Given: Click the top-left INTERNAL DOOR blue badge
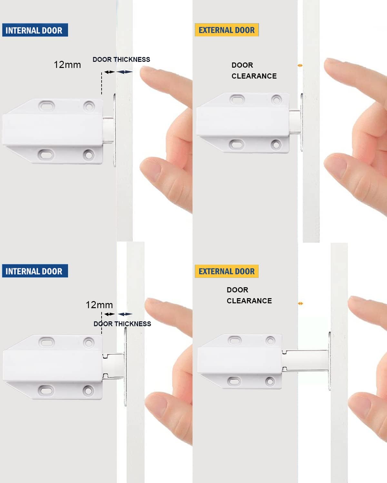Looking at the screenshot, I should tap(35, 30).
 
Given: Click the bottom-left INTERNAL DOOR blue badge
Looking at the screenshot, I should tap(35, 271).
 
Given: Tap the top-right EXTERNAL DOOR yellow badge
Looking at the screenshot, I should tap(226, 30).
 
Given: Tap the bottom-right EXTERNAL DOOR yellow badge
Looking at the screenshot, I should tap(226, 271).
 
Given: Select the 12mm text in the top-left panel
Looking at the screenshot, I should tap(67, 65).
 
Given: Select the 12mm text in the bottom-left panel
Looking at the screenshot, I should tap(99, 305).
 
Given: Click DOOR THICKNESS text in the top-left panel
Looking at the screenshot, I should tap(121, 60).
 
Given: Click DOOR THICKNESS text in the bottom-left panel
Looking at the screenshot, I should tap(122, 324).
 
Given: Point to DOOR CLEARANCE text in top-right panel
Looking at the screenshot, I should tap(254, 71).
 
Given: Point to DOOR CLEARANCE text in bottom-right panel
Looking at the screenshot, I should tap(249, 295).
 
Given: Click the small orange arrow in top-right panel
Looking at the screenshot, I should tap(300, 65).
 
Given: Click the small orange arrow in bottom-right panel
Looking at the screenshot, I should tap(301, 303).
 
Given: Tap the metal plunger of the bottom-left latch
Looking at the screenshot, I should tap(114, 365).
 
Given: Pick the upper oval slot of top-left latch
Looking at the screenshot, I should tap(47, 105).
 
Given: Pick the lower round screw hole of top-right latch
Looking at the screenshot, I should tap(276, 144).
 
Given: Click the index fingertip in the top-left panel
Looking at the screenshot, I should tap(149, 75).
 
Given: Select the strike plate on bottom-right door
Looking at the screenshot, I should tap(329, 361).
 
